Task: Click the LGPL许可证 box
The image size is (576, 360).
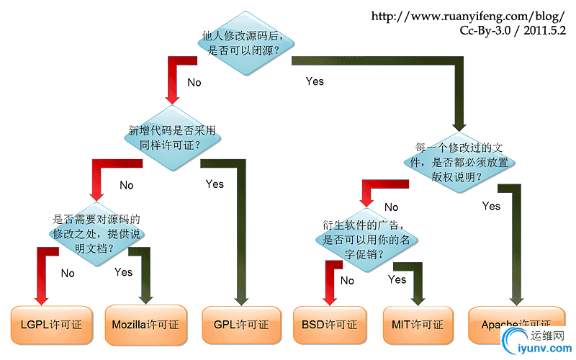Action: pyautogui.click(x=47, y=325)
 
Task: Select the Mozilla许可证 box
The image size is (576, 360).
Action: pyautogui.click(x=146, y=325)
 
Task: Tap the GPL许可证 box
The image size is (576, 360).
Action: pyautogui.click(x=241, y=325)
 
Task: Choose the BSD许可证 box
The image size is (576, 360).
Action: pyautogui.click(x=329, y=325)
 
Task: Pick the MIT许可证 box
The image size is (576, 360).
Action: pyautogui.click(x=418, y=325)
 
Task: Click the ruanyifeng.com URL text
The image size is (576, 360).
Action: pyautogui.click(x=468, y=16)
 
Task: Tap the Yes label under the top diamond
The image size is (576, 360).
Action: pyautogui.click(x=315, y=81)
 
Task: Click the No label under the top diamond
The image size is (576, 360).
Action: pyautogui.click(x=194, y=82)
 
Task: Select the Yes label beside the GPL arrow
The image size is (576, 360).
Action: pyautogui.click(x=215, y=184)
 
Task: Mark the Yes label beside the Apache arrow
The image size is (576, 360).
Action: pyautogui.click(x=491, y=206)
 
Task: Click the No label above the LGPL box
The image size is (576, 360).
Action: pyautogui.click(x=68, y=273)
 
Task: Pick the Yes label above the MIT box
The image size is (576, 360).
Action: pyautogui.click(x=397, y=279)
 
